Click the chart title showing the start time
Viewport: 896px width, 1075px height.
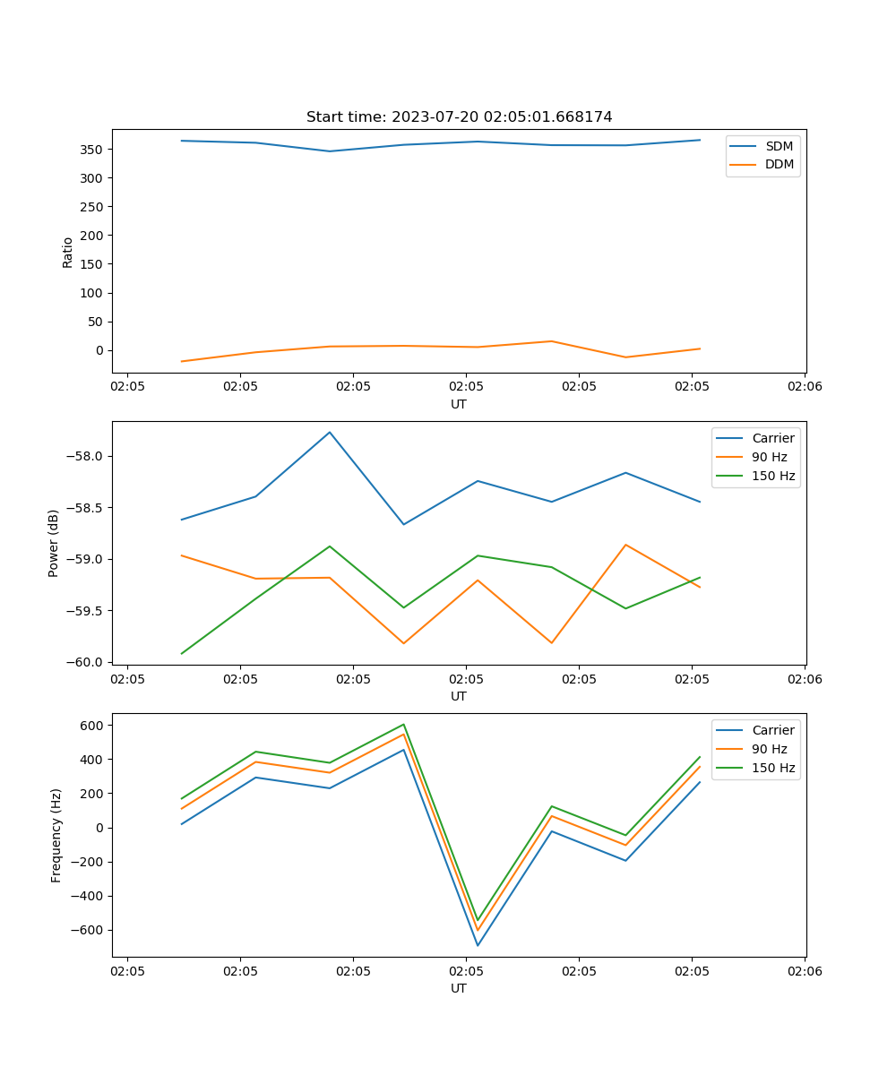coord(459,116)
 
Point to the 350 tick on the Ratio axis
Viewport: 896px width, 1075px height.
coord(93,149)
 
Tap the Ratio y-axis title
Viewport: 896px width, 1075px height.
coord(68,252)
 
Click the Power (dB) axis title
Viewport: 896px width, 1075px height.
coord(54,543)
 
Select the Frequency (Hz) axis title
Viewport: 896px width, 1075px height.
coord(56,835)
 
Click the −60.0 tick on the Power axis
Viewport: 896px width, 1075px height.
coord(89,662)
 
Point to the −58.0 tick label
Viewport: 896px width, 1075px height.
coord(89,456)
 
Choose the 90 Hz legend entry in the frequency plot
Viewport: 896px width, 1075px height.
coord(769,749)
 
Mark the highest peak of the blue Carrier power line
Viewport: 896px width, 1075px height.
coord(330,432)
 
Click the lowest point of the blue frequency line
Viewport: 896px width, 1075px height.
coord(478,945)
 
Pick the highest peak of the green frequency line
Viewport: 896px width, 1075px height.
coord(404,724)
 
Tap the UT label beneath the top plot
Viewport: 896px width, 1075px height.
coord(459,404)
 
